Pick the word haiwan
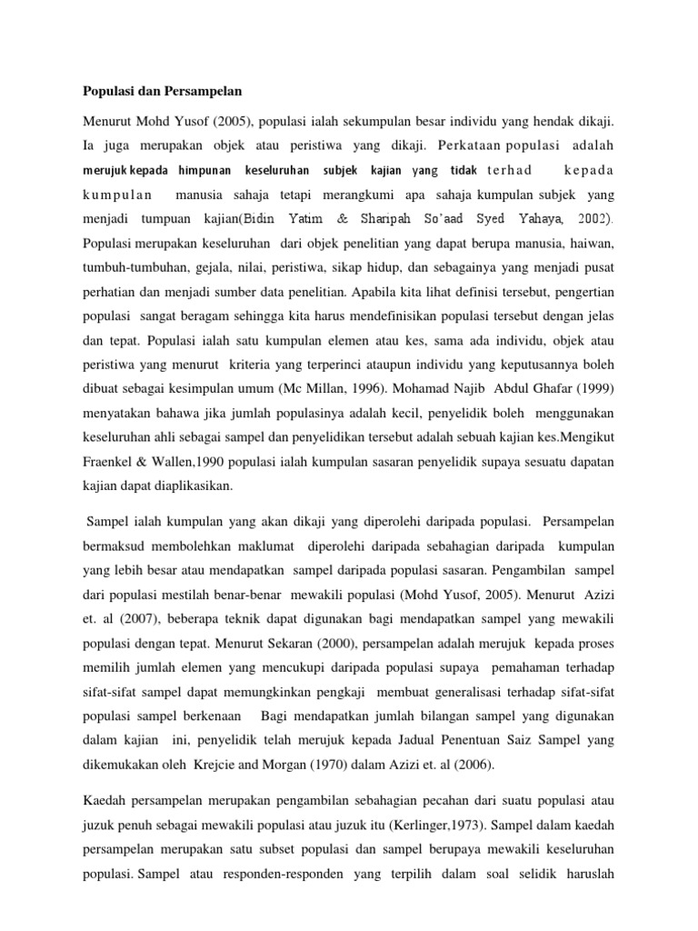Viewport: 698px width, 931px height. click(592, 244)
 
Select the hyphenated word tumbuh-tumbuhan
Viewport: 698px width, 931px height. click(139, 268)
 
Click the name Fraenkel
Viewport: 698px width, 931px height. click(112, 461)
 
